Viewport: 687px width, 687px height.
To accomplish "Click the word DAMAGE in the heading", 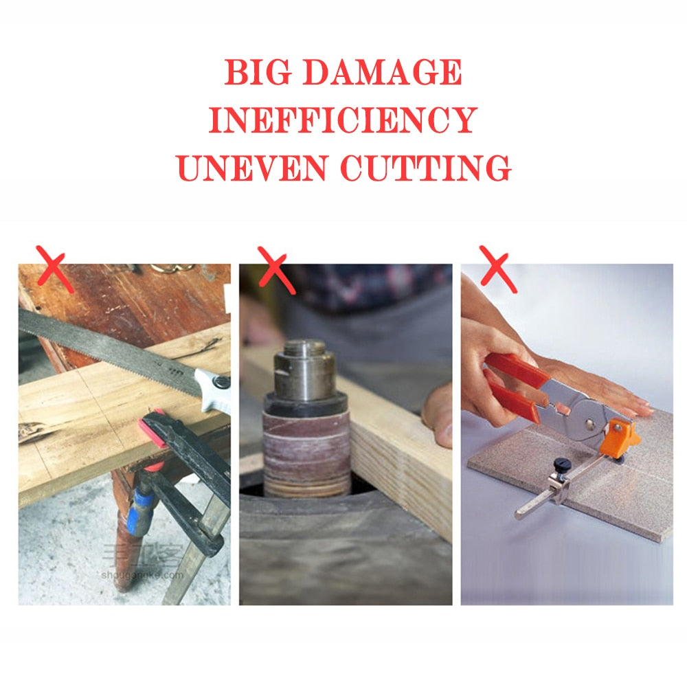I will click(383, 73).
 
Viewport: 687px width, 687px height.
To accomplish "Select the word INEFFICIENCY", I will click(343, 120).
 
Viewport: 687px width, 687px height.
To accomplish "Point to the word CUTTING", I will click(426, 168).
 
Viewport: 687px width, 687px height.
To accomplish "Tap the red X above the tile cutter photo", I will click(498, 268).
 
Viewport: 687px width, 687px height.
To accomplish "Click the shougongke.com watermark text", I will click(142, 574).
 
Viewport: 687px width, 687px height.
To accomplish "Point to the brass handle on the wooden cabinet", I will click(172, 268).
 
